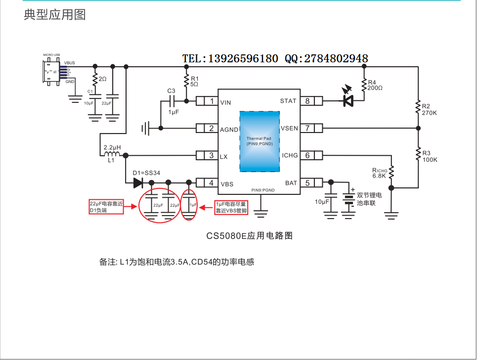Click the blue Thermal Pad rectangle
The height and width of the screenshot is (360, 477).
(x=260, y=141)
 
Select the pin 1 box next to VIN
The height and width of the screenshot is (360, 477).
(x=212, y=101)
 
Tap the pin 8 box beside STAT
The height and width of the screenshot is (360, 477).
(x=307, y=101)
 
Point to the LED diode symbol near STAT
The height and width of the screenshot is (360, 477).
(x=348, y=101)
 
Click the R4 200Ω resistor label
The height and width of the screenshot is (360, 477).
(x=375, y=85)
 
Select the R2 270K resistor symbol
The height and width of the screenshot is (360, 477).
(x=418, y=108)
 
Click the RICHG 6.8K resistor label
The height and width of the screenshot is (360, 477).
(x=379, y=173)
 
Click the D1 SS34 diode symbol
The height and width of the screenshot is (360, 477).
(x=138, y=183)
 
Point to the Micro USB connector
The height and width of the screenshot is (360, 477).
(x=52, y=72)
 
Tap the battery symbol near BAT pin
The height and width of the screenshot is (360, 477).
(x=349, y=199)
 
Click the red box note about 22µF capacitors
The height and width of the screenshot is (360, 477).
(x=106, y=207)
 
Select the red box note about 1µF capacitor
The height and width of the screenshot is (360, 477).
(x=231, y=207)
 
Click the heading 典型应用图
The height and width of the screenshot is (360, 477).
(x=55, y=15)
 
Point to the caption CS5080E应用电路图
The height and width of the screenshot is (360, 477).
(x=250, y=236)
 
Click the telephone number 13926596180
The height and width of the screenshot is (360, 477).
(x=243, y=59)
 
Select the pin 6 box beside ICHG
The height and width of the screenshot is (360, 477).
(x=307, y=156)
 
